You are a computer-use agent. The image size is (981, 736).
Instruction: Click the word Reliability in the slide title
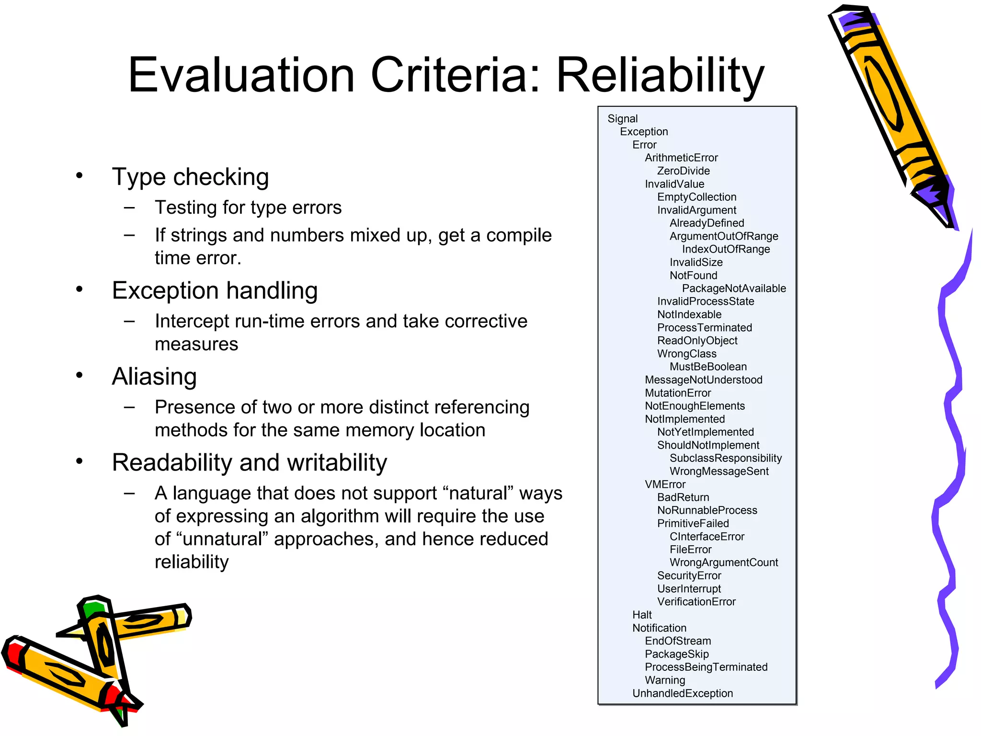660,76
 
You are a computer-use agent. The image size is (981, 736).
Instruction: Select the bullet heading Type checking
190,177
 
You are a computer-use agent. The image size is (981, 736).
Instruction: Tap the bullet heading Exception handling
215,291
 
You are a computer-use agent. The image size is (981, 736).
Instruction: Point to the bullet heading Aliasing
154,377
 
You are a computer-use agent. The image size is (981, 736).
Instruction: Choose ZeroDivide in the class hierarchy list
683,171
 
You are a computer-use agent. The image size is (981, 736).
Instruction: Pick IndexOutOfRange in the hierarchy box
726,249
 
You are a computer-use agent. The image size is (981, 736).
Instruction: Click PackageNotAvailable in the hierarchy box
734,288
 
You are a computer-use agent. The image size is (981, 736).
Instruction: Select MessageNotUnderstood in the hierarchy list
703,380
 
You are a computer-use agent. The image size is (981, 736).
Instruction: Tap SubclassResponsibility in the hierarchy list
725,459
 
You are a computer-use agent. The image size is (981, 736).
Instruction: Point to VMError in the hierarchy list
665,484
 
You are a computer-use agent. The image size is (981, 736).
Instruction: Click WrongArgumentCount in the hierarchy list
723,563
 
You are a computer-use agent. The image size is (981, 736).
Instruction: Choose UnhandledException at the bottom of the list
682,693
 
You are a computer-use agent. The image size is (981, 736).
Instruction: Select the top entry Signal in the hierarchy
622,119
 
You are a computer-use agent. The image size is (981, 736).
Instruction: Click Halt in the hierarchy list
642,615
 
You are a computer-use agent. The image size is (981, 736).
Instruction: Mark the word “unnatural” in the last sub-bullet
223,540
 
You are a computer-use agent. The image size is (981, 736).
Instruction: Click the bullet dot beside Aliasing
80,375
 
